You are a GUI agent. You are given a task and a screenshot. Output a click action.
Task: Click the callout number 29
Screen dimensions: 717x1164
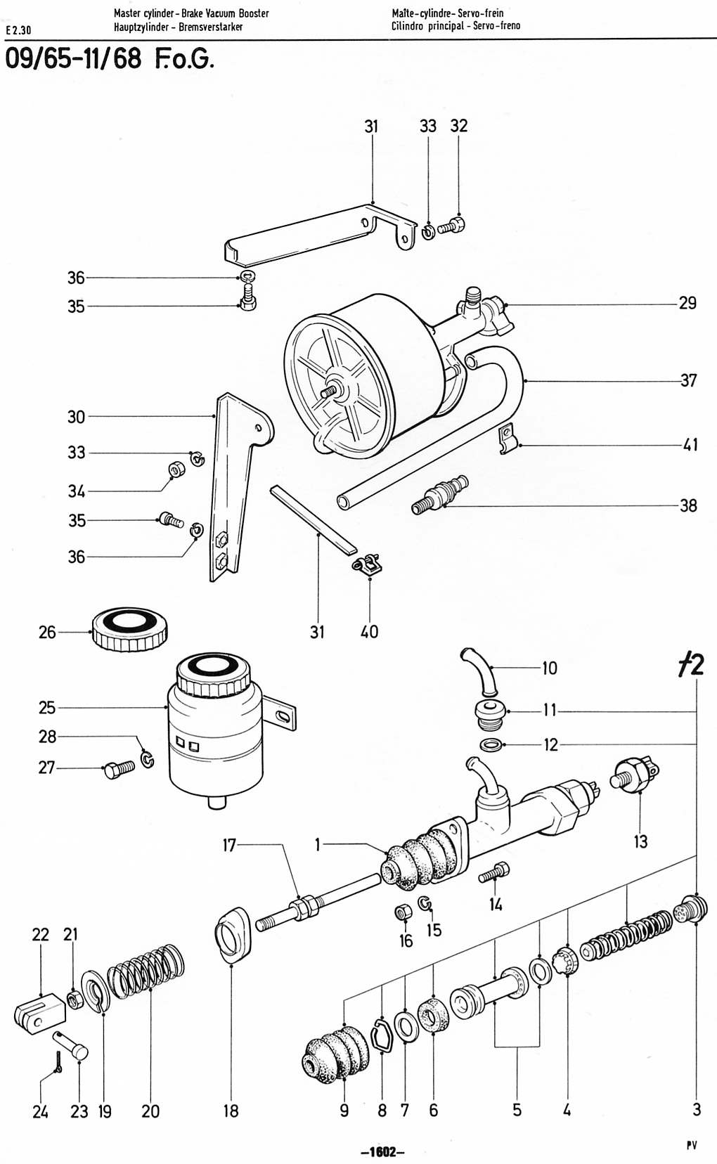(687, 303)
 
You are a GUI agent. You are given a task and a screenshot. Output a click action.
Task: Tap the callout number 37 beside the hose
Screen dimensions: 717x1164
(688, 380)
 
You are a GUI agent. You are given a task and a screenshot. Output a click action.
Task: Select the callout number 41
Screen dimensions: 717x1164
(690, 445)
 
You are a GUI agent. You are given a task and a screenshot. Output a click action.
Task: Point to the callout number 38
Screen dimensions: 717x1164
(688, 505)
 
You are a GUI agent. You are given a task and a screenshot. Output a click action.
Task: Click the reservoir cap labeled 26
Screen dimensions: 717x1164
(129, 629)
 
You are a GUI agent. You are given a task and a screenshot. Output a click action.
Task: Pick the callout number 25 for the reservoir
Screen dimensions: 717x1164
(47, 707)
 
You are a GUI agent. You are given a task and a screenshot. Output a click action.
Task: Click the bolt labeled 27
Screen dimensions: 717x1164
(119, 768)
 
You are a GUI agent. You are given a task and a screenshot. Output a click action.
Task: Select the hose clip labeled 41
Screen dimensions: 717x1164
(508, 439)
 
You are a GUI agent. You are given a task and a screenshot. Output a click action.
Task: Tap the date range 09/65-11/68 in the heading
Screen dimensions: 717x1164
(73, 59)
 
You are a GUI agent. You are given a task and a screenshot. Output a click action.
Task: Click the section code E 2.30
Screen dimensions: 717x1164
(19, 31)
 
